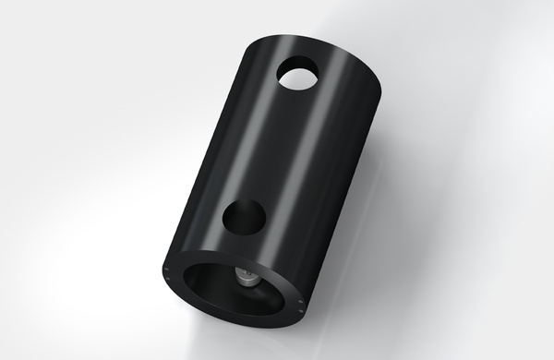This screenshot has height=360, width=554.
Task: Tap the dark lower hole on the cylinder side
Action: coord(246,218)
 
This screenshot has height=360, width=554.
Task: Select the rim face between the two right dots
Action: coord(302,306)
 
